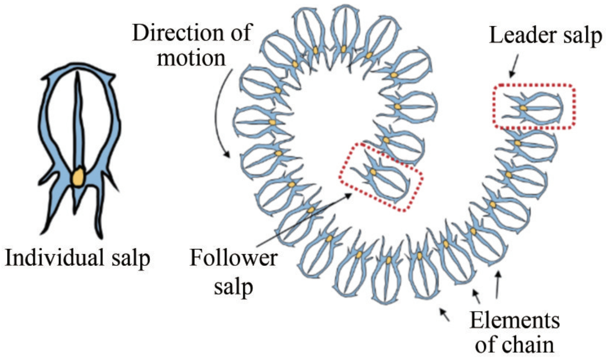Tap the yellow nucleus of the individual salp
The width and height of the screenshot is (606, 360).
pyautogui.click(x=78, y=177)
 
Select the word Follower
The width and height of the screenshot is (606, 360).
pyautogui.click(x=233, y=258)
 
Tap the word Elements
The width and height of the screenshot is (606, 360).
pyautogui.click(x=515, y=322)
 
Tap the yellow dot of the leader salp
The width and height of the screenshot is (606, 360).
pyautogui.click(x=523, y=108)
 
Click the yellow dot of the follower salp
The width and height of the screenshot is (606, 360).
pyautogui.click(x=373, y=172)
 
